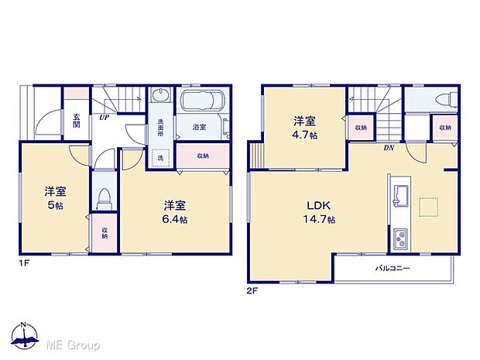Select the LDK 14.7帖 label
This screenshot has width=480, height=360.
[319, 213]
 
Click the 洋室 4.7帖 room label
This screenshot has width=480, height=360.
[303, 127]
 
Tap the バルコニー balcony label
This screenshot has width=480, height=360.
[393, 268]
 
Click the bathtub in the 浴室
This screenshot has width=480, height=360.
[201, 103]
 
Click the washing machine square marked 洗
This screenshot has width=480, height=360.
[160, 159]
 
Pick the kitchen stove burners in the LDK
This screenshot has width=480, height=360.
[401, 240]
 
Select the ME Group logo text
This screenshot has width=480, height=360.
[74, 345]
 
